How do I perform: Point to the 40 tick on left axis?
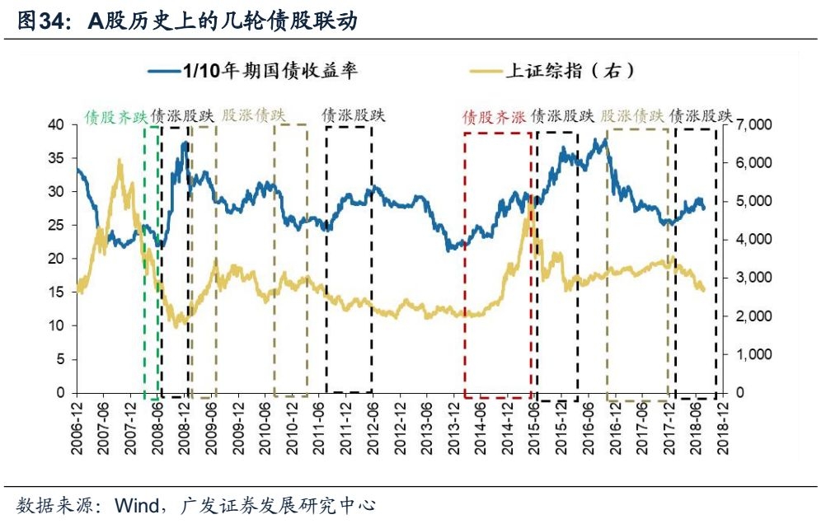point(55,124)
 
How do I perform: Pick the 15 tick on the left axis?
point(55,292)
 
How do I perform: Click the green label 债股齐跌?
point(115,116)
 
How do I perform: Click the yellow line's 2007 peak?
point(120,161)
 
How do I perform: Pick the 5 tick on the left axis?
point(59,359)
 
